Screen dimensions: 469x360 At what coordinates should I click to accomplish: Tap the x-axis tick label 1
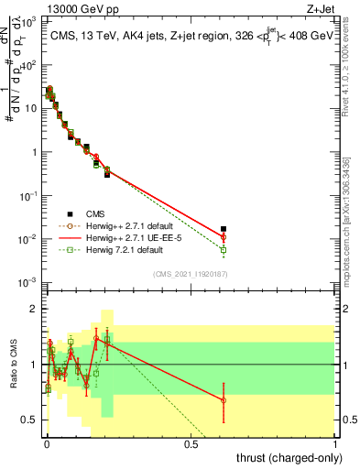[x=336, y=443]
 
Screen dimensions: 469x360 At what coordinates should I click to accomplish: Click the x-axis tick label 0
[x=46, y=443]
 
